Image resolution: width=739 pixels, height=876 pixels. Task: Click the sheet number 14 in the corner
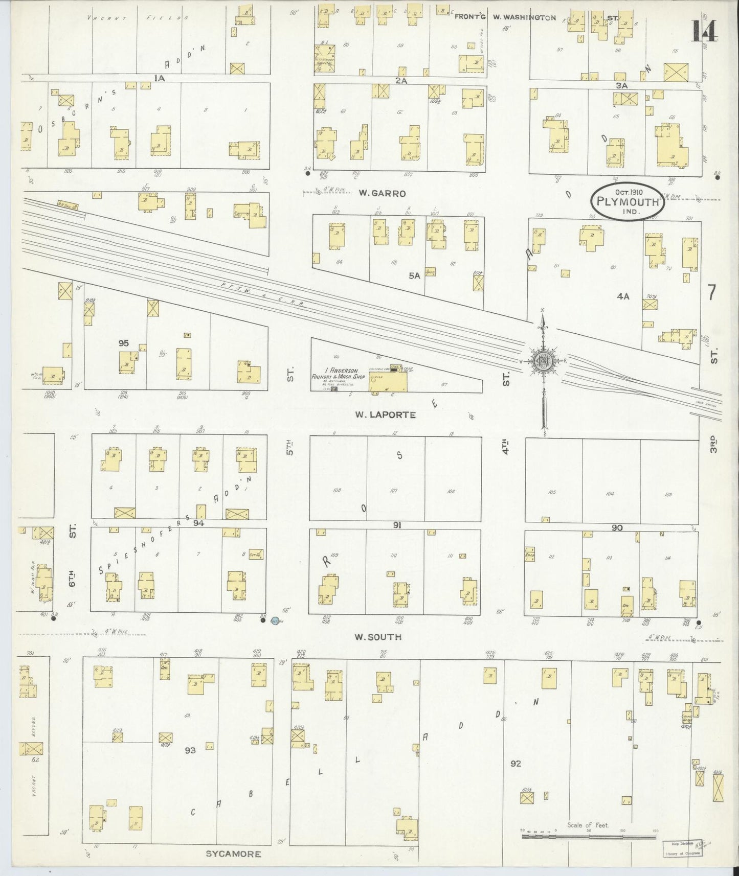(704, 31)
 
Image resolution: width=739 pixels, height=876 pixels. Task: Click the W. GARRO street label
(382, 193)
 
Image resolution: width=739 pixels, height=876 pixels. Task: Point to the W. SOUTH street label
(378, 637)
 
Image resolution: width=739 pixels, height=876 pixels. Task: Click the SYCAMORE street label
(233, 854)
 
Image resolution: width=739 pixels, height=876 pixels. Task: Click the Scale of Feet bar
(589, 837)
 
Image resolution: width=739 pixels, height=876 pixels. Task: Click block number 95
(123, 343)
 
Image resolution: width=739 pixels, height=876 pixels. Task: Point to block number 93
(190, 750)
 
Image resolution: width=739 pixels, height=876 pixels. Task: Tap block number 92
(515, 764)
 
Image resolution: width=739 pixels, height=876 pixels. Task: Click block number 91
(397, 525)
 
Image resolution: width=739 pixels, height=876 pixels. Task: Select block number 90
(617, 527)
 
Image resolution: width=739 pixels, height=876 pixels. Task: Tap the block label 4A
(622, 295)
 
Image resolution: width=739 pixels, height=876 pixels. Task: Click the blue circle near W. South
(275, 621)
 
